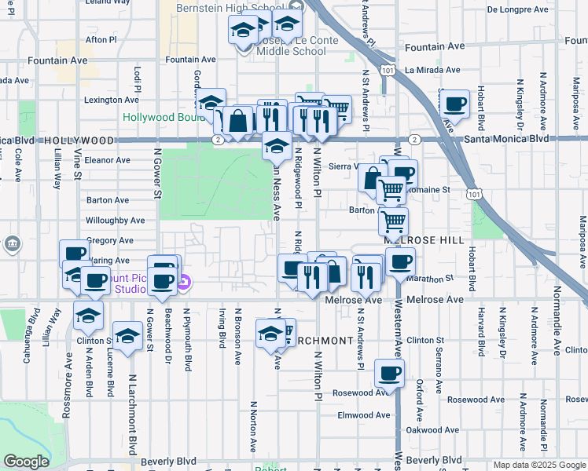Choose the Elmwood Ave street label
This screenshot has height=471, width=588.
point(363,415)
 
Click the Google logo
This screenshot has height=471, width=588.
point(27,462)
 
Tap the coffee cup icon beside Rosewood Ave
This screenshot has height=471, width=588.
point(388,374)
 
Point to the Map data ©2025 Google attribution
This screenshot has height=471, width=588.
point(538,465)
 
